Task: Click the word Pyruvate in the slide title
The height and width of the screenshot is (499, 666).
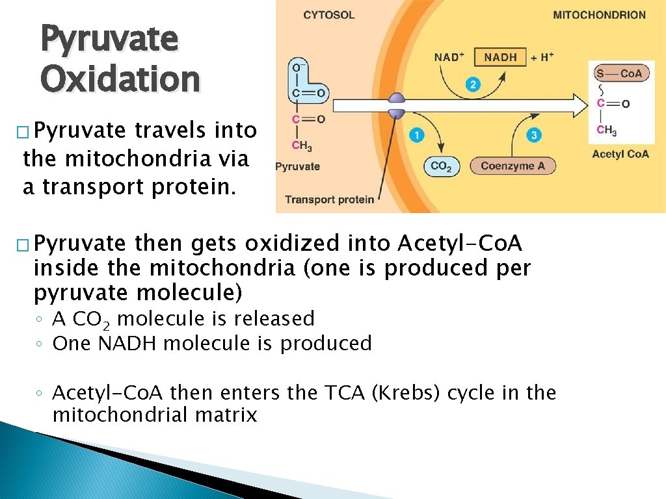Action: [x=109, y=38]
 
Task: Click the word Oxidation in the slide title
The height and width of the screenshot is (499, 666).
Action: [x=120, y=79]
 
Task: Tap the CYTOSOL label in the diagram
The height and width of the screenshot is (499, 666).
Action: [x=330, y=15]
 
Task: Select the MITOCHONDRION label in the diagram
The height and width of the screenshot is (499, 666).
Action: [x=599, y=15]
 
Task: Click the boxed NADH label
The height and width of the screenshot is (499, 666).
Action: [x=500, y=57]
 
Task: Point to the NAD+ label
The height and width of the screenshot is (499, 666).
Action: [x=449, y=57]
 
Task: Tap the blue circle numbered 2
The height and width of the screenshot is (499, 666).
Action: [x=473, y=84]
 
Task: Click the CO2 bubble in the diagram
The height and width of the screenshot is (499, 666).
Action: [x=441, y=166]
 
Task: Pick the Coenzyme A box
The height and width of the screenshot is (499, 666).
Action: [x=513, y=166]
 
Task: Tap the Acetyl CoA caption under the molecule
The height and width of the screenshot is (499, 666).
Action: [x=620, y=154]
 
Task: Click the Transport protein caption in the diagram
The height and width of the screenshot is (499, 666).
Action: [x=329, y=199]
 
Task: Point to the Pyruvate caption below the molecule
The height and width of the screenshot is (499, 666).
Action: [x=298, y=166]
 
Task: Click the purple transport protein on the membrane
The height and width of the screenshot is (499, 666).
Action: [x=396, y=106]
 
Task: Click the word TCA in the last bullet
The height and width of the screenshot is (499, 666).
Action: [x=341, y=393]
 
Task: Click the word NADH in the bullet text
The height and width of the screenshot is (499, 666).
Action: [x=127, y=343]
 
